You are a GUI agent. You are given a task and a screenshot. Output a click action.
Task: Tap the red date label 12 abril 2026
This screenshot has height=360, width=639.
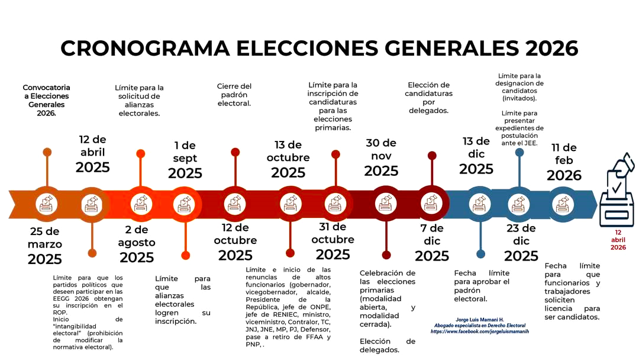618,240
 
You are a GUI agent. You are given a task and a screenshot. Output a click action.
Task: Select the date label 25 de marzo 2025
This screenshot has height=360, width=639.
45,245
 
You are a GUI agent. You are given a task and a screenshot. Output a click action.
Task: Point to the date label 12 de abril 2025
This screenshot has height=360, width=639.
92,154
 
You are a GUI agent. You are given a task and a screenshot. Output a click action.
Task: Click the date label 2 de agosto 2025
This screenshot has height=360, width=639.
137,243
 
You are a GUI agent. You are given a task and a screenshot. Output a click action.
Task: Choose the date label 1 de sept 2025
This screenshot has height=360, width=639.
185,159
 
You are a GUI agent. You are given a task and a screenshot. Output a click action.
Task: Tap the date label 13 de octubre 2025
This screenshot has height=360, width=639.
288,159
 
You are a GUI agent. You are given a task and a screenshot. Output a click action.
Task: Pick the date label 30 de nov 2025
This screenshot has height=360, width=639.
381,157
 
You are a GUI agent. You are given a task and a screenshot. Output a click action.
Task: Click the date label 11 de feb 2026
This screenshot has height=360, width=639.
564,162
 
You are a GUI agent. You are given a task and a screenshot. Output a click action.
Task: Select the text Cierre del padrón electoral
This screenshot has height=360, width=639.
234,95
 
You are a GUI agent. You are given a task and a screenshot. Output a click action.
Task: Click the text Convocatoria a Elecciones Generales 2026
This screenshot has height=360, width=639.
46,100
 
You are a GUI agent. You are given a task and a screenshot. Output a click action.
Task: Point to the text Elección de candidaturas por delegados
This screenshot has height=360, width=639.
429,98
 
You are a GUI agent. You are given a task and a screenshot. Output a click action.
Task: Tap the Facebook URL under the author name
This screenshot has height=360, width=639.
479,332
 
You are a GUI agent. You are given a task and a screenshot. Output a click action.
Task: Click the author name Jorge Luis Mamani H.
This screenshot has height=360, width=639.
480,319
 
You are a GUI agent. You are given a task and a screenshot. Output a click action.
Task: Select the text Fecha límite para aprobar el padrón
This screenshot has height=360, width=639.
482,286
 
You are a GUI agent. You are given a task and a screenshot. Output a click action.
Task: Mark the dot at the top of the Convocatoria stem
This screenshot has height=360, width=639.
47,152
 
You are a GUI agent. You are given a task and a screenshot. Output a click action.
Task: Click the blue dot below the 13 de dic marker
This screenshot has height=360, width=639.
480,254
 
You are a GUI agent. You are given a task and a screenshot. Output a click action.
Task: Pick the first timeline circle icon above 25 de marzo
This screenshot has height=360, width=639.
46,204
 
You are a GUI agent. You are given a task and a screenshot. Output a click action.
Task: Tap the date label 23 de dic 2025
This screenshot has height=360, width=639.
521,242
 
